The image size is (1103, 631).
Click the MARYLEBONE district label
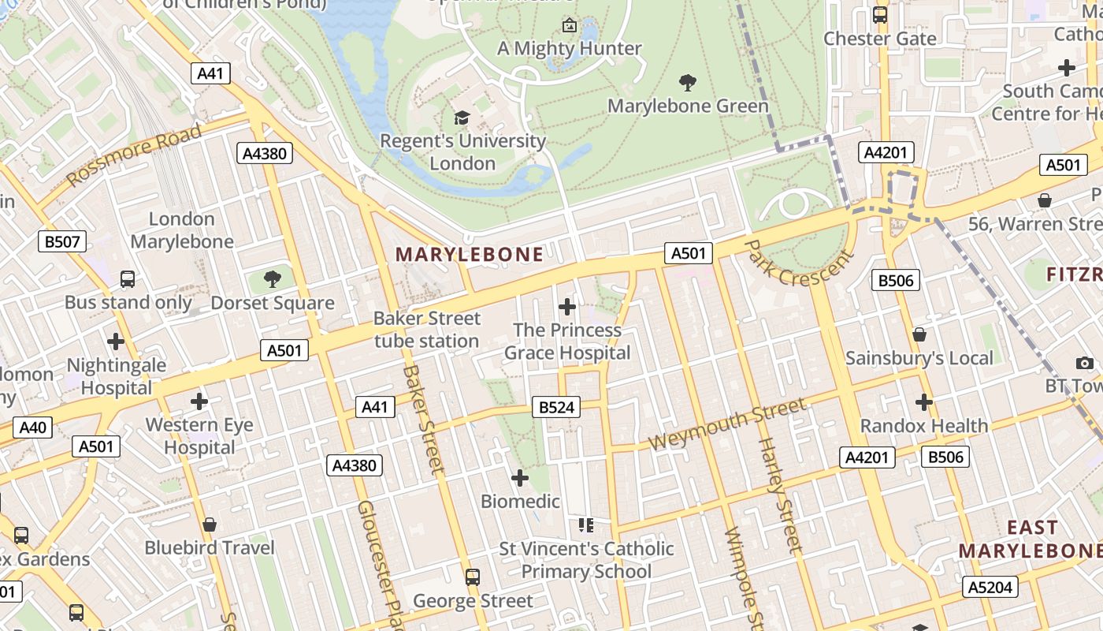pos(470,254)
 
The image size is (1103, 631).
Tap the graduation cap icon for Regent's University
pos(462,118)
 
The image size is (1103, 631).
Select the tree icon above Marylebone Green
pos(688,82)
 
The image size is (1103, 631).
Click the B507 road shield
pos(62,241)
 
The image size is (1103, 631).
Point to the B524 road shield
pos(555,407)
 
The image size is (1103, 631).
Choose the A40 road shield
pos(32,428)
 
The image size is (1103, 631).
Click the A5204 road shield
pos(990,587)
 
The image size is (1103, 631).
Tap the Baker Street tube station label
pos(426,330)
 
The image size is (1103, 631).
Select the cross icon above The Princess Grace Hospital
pos(566,307)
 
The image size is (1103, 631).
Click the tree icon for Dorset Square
pos(273,278)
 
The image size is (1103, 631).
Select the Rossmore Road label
pos(134,155)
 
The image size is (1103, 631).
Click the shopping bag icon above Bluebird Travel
pos(210,525)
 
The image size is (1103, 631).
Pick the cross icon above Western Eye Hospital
pos(199,401)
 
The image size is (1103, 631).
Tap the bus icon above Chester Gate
pos(880,15)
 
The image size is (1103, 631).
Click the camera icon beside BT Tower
pos(1085,363)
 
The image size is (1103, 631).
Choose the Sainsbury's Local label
pos(919,358)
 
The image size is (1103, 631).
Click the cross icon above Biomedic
pos(520,478)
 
